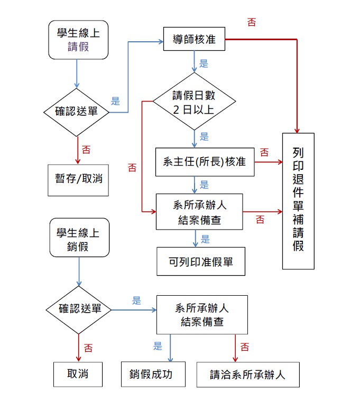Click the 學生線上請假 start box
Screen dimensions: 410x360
pyautogui.click(x=78, y=40)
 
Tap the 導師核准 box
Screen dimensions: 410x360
pyautogui.click(x=194, y=40)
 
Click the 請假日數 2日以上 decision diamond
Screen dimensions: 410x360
pyautogui.click(x=193, y=102)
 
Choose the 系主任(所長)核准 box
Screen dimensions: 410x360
pyautogui.click(x=205, y=162)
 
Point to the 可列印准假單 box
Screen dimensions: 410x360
pyautogui.click(x=201, y=261)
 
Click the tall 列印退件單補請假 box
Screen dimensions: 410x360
pyautogui.click(x=298, y=201)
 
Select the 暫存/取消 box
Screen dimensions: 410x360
pyautogui.click(x=78, y=178)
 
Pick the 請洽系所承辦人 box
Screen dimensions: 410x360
pyautogui.click(x=248, y=375)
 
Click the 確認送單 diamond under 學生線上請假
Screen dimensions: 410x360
pyautogui.click(x=78, y=112)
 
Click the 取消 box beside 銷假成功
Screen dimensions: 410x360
pyautogui.click(x=78, y=375)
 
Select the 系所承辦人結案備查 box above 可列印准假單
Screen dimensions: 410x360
pyautogui.click(x=199, y=212)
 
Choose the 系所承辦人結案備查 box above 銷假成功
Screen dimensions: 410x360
pyautogui.click(x=202, y=315)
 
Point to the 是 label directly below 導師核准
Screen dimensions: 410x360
pyautogui.click(x=204, y=64)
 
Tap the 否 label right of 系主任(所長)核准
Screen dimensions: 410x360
pyautogui.click(x=264, y=152)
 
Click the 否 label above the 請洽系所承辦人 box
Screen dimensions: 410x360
pyautogui.click(x=245, y=348)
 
